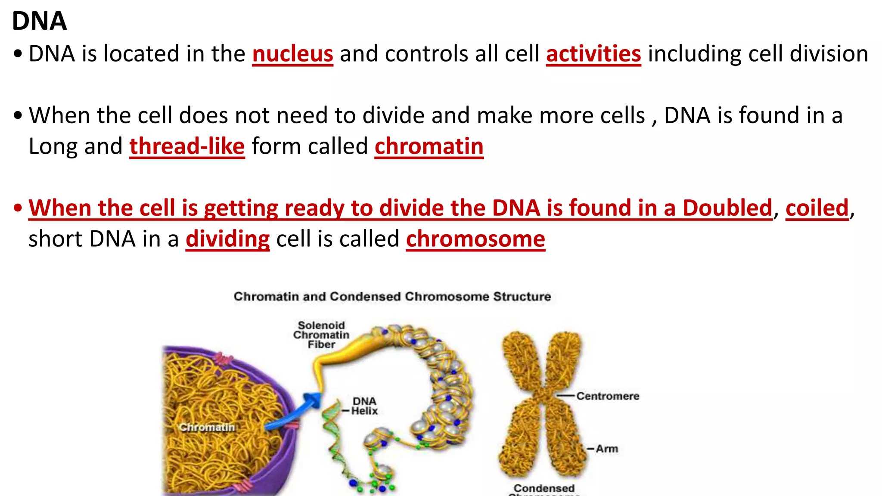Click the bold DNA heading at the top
click(39, 21)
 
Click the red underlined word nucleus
click(292, 54)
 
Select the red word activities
click(593, 54)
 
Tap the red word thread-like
click(187, 146)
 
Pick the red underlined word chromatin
click(429, 146)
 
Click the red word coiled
click(817, 208)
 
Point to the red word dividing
click(227, 239)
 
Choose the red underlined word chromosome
click(475, 239)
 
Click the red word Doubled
click(727, 208)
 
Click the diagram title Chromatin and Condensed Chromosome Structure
click(392, 297)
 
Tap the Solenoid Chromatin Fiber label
click(321, 335)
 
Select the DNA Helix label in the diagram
click(364, 406)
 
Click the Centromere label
click(608, 396)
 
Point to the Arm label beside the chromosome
click(607, 449)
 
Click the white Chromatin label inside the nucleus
click(207, 427)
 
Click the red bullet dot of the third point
click(18, 208)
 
